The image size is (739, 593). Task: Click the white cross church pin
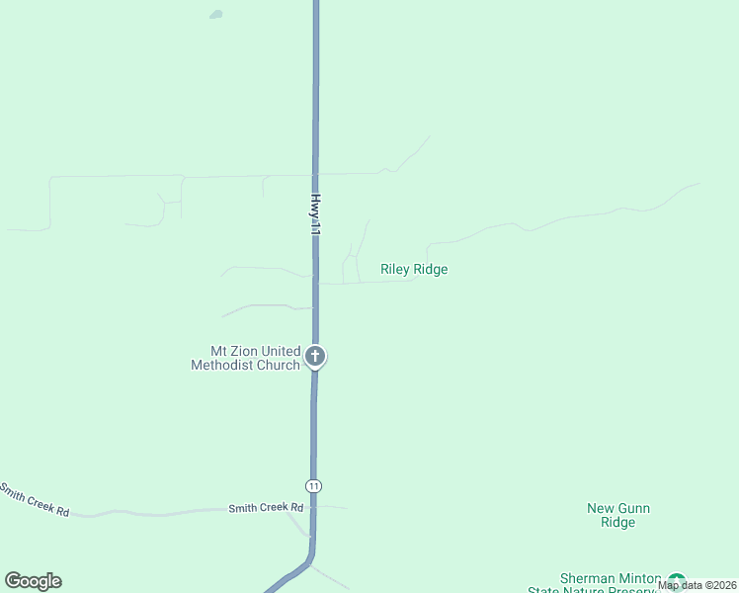point(315,356)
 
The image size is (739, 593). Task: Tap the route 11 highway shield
point(313,486)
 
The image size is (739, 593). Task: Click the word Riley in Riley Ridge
point(396,269)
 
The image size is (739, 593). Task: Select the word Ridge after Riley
point(432,269)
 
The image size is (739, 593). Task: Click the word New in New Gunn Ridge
point(602,509)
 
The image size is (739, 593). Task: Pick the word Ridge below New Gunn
point(618,523)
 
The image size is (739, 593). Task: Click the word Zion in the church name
point(244,351)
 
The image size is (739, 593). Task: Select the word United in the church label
point(282,351)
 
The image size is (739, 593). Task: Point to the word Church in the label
point(279,365)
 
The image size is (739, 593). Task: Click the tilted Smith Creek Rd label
point(35,500)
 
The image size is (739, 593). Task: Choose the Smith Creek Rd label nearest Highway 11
point(266,508)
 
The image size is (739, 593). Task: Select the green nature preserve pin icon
point(677,581)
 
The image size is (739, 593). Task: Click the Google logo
point(33,581)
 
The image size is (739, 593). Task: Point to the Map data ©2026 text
point(697,585)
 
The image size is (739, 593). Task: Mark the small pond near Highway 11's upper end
point(215,15)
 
